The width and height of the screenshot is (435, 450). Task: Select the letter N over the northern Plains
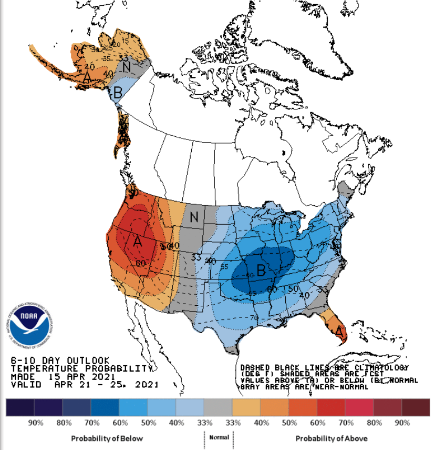click(x=194, y=216)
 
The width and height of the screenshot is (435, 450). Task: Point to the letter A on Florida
click(x=339, y=332)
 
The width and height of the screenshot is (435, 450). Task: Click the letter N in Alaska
click(x=127, y=67)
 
